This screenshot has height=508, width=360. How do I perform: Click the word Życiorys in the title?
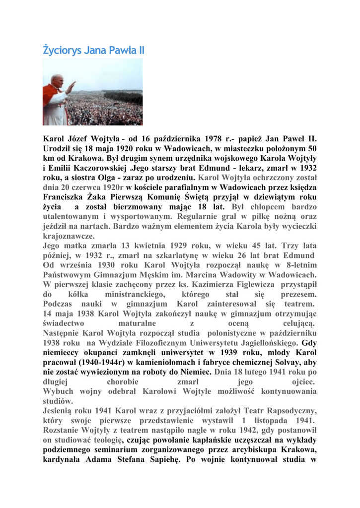point(62,51)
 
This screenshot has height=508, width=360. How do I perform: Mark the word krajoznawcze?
point(69,236)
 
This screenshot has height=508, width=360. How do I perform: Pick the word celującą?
point(292,323)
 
